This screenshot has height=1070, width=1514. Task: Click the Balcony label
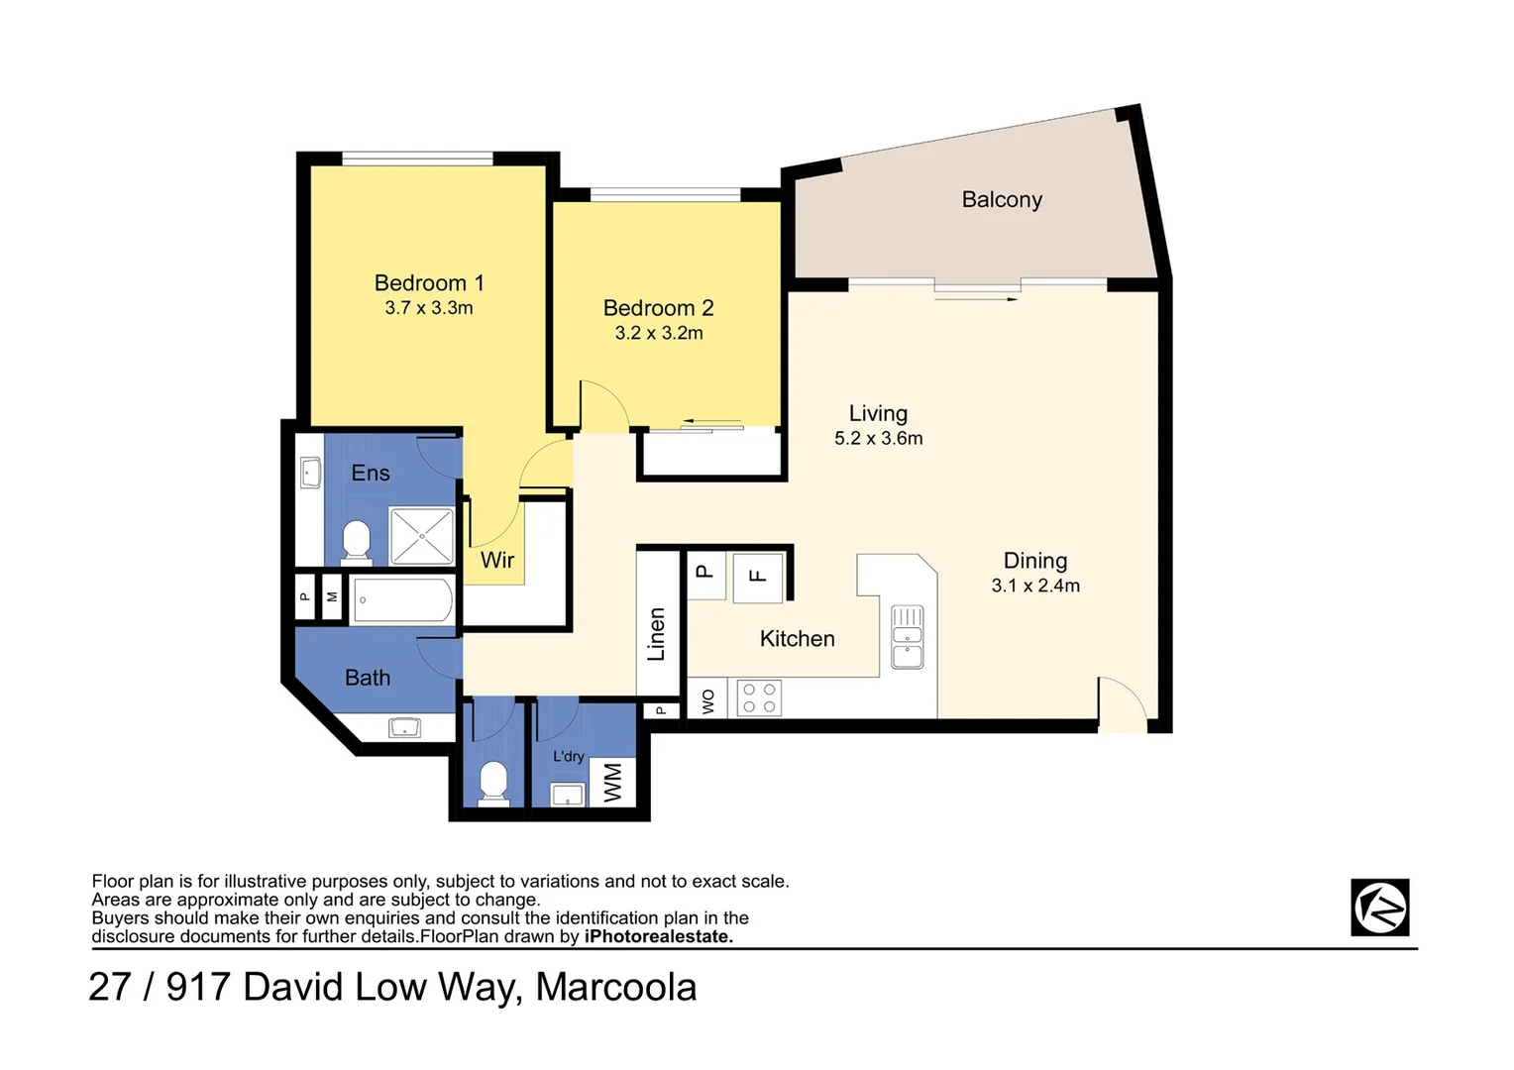[x=1002, y=199]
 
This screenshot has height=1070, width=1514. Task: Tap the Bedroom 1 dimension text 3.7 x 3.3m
[x=428, y=308]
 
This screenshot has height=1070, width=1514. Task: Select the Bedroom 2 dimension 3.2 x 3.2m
[x=658, y=333]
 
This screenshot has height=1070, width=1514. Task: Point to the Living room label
[x=878, y=413]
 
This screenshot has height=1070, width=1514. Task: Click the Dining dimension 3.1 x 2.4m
[x=1035, y=586]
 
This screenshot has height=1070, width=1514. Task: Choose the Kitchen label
[x=797, y=639]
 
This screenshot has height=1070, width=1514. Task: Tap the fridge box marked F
[x=758, y=577]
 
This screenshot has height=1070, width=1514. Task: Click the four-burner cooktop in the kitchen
[x=759, y=697]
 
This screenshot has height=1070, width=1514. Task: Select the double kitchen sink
[x=907, y=637]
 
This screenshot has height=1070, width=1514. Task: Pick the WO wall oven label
[x=707, y=701]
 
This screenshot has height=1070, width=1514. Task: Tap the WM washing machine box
[x=612, y=783]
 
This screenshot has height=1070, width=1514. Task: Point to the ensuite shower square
[x=421, y=535]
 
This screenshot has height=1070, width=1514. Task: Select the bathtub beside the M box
[x=401, y=599]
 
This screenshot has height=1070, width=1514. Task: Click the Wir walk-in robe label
[x=497, y=560]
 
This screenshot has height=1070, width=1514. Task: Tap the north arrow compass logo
[x=1379, y=908]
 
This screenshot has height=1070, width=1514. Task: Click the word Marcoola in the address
[x=615, y=987]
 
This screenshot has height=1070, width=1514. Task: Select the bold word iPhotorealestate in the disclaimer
[x=659, y=936]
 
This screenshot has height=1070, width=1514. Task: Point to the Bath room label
[x=368, y=678]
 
